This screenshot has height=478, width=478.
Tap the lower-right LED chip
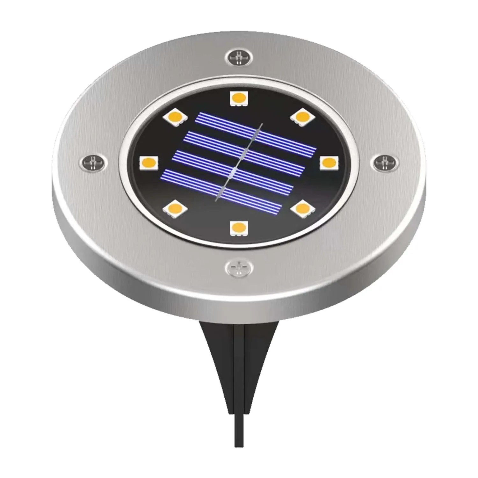point(302,209)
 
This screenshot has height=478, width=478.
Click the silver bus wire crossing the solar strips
point(239,161)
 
